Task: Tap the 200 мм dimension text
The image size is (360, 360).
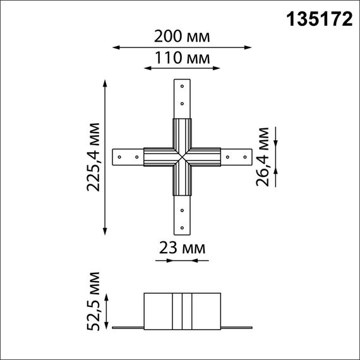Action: pyautogui.click(x=182, y=37)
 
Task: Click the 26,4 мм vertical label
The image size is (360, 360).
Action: pyautogui.click(x=264, y=156)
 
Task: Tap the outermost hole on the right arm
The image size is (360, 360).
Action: pyautogui.click(x=246, y=155)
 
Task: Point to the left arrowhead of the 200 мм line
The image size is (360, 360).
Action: pyautogui.click(x=115, y=46)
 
